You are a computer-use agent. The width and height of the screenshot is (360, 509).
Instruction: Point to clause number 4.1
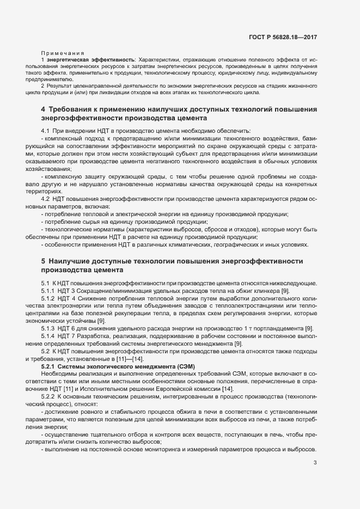tap(46, 131)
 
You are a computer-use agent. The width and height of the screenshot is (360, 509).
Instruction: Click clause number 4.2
tap(46, 200)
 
